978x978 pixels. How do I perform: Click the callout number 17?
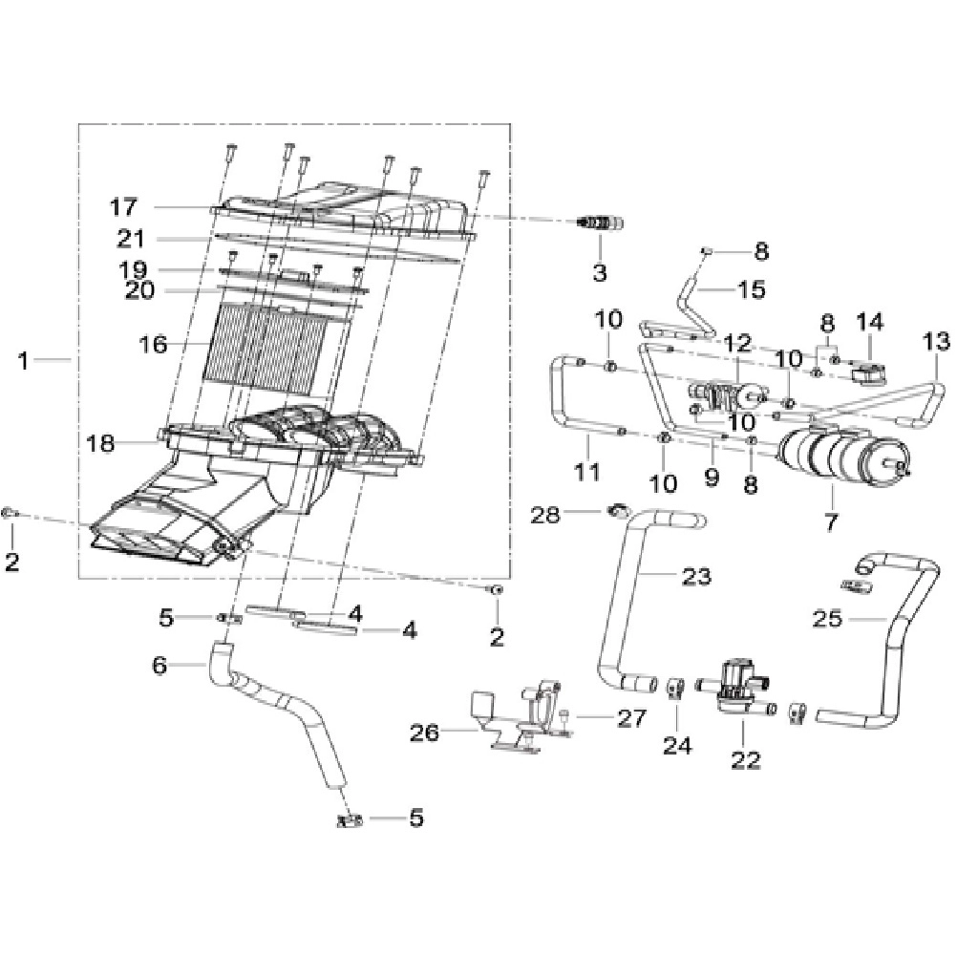pyautogui.click(x=123, y=206)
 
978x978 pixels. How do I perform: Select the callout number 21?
pyautogui.click(x=131, y=238)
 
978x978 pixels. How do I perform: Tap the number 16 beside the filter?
pyautogui.click(x=154, y=344)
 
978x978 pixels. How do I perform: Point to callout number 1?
pyautogui.click(x=23, y=360)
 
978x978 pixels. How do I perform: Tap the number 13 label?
pyautogui.click(x=936, y=341)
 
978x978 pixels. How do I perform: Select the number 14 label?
pyautogui.click(x=869, y=323)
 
